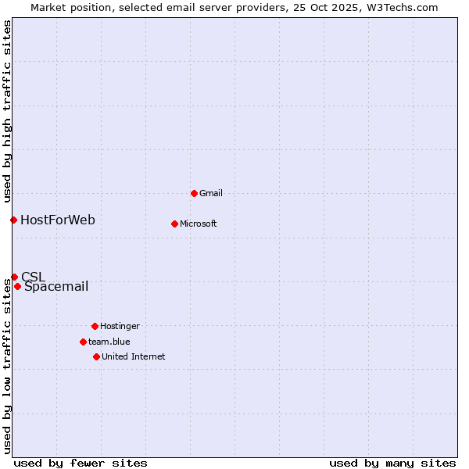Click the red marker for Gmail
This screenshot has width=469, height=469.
point(194,193)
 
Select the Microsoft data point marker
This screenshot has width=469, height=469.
point(174,224)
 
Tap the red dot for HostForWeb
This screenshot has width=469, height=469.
point(13,220)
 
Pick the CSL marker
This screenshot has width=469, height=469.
point(14,277)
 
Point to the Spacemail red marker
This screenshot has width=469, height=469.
point(17,286)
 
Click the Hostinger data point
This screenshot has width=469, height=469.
point(95,326)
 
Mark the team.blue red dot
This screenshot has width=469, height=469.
point(83,342)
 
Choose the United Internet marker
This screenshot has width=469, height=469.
point(96,356)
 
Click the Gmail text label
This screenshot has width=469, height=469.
point(211,193)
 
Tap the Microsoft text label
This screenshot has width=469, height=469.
point(199,224)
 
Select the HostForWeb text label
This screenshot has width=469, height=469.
point(58,220)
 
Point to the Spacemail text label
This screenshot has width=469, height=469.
point(56,286)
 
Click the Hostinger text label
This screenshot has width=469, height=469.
point(120,326)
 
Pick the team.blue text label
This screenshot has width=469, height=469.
point(109,342)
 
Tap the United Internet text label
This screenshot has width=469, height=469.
point(134,356)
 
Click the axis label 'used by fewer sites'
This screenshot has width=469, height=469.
point(81,463)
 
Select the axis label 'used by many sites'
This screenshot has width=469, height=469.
point(392,463)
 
